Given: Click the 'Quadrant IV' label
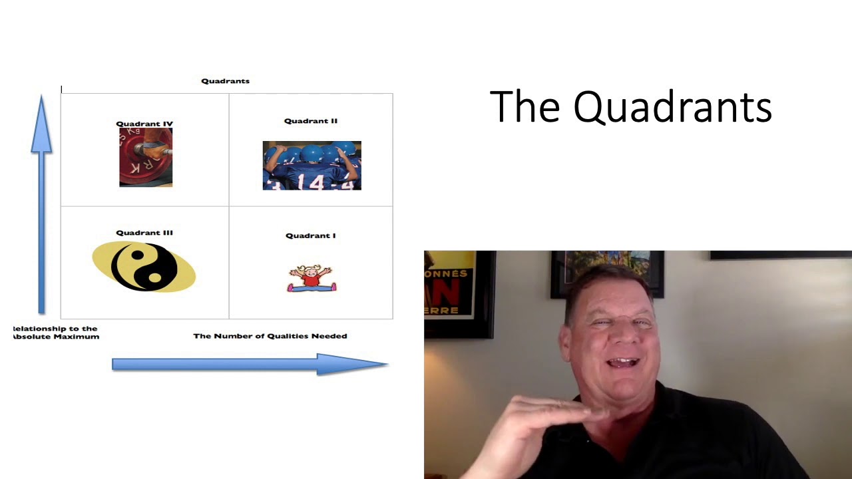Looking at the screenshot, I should pos(144,124).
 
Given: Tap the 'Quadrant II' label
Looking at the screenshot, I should pos(311,121).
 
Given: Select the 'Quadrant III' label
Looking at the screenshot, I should pos(144,233).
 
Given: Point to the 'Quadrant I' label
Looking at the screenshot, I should pos(311,236).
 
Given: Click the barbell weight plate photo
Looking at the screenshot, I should pos(146,157).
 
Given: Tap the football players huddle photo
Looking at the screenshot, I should pos(312,166).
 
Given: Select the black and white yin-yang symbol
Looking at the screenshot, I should pos(144,267).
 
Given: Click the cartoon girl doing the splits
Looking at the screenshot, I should pos(312,279).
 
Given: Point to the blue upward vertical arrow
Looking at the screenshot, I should pos(41,200).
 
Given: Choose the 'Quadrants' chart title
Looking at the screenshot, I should pos(226,81).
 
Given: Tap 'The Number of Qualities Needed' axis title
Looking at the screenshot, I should pos(270,336).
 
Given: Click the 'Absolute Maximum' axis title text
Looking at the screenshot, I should pos(56,337).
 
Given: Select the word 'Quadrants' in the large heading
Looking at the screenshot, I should pos(672,107).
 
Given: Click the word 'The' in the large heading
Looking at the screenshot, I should pos(525,107).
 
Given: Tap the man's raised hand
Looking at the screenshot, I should pos(532,426).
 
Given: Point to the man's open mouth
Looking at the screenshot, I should pos(624,363).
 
